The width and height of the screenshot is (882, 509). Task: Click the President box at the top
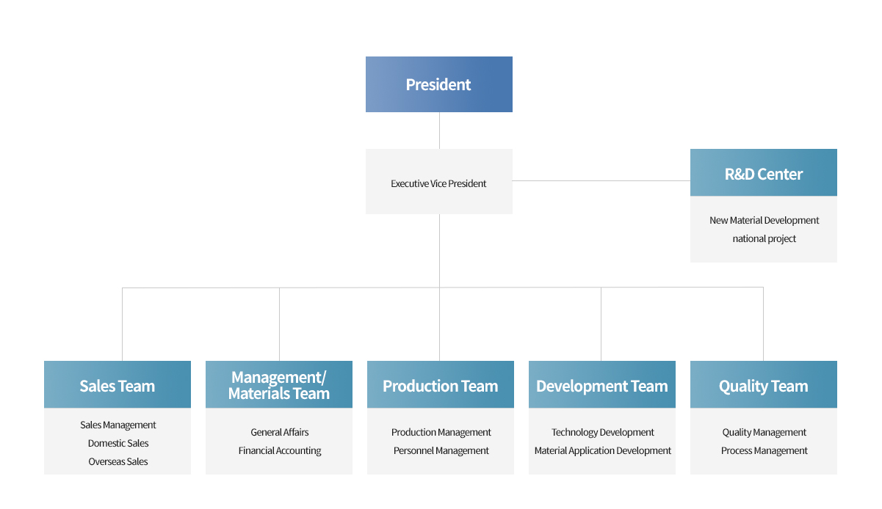click(439, 84)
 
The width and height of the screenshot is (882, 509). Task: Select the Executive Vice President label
click(438, 183)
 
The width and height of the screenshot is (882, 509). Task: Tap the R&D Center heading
click(764, 174)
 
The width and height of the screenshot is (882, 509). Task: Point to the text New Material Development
click(764, 220)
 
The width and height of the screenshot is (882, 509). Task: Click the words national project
click(764, 239)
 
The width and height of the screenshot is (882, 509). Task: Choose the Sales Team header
click(118, 385)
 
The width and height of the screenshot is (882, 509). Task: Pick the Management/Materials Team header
click(279, 385)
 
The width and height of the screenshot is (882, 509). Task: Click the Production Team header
click(441, 385)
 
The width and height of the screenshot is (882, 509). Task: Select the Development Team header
click(602, 385)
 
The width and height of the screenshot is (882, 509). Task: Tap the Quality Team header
click(764, 385)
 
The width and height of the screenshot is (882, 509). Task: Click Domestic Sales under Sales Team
click(118, 443)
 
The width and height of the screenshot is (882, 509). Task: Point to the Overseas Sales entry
click(118, 461)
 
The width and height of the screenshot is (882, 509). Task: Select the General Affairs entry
click(280, 432)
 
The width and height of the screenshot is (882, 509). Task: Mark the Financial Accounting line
click(280, 451)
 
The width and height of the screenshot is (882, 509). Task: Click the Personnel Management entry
click(441, 451)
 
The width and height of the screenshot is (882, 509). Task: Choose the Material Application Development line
click(602, 451)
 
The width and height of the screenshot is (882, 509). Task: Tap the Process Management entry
click(764, 451)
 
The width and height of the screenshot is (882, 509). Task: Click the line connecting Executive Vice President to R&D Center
click(601, 181)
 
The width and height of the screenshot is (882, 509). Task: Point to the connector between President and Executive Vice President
click(439, 131)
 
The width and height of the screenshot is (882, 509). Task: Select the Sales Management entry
click(118, 425)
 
